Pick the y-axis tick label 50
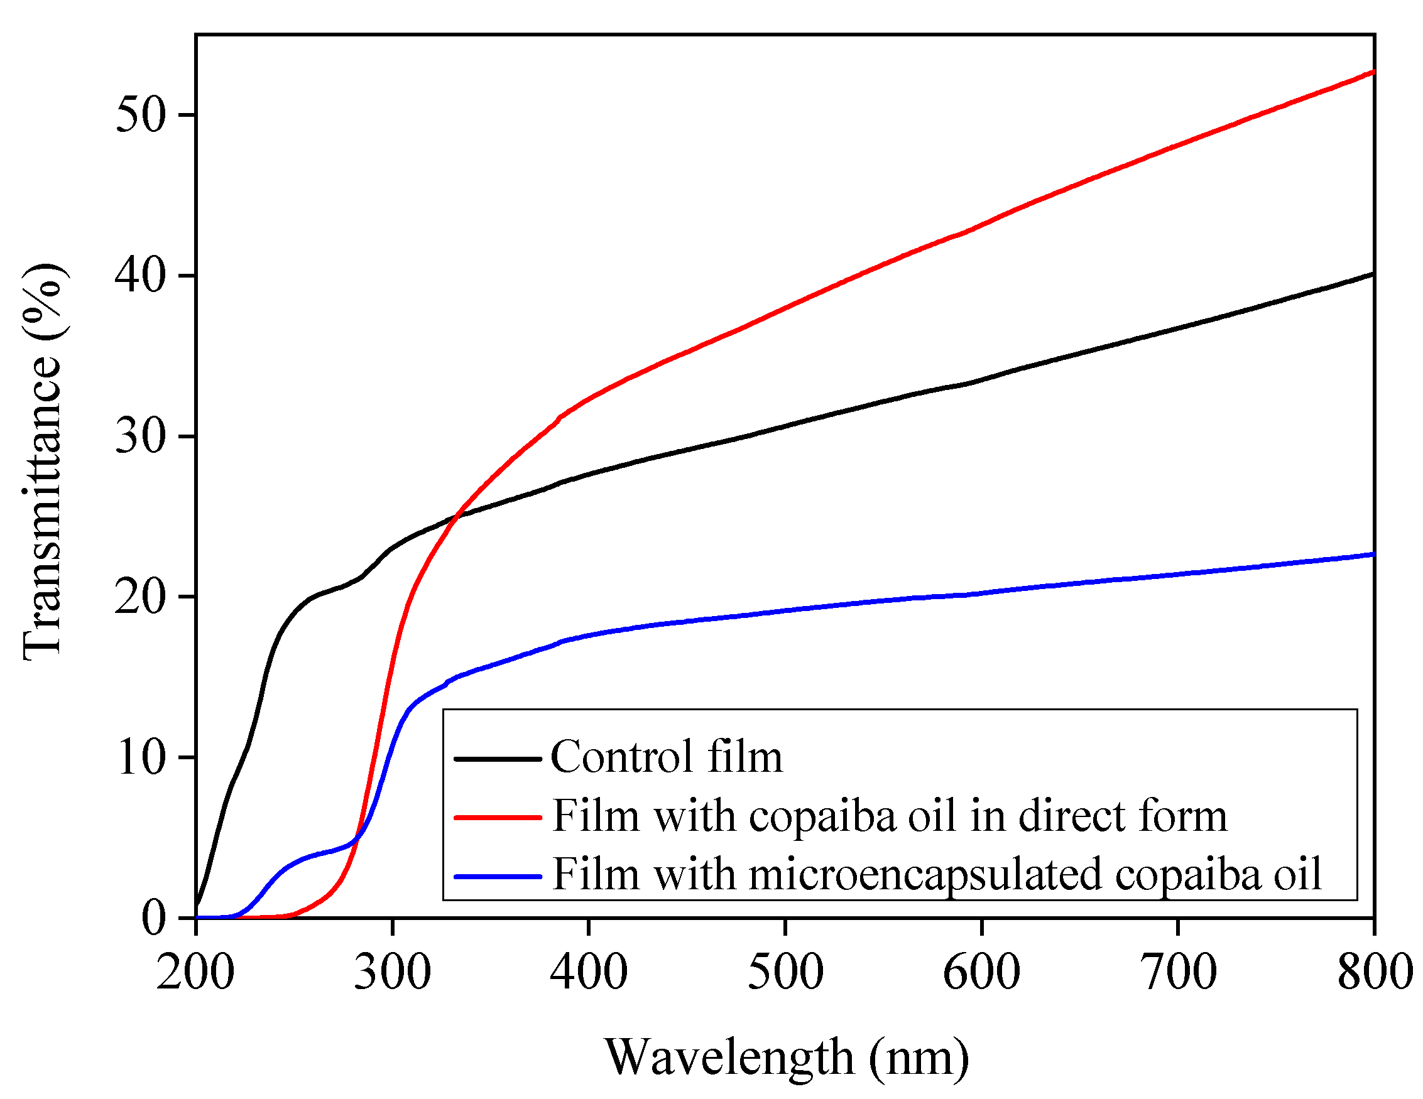(140, 116)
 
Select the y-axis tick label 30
(140, 436)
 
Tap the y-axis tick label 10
(140, 757)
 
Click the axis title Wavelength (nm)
(787, 1057)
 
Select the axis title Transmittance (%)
(43, 461)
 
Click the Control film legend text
(666, 757)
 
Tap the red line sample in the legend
(498, 816)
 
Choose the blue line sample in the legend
(498, 876)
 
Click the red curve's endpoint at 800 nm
(1373, 72)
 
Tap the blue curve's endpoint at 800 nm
(1373, 555)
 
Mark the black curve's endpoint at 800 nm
(1373, 274)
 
